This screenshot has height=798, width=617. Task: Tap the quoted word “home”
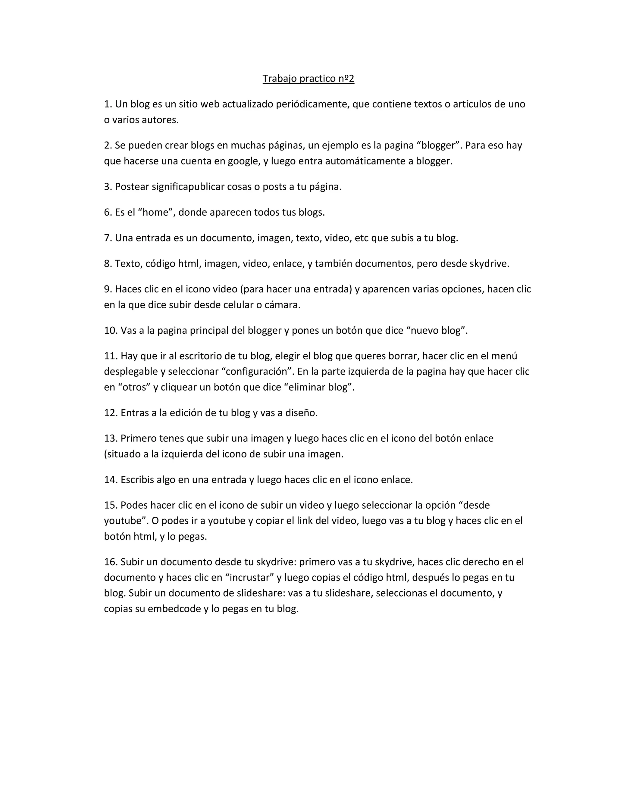pyautogui.click(x=155, y=212)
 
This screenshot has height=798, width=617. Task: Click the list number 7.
pyautogui.click(x=108, y=238)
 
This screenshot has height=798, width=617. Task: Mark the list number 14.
pyautogui.click(x=110, y=480)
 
